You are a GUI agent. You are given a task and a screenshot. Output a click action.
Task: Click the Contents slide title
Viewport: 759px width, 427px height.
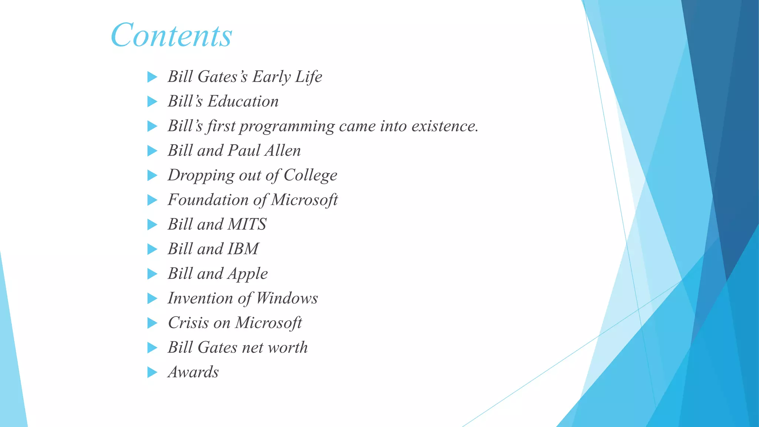tap(171, 35)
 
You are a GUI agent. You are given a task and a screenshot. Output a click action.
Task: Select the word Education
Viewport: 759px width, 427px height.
tap(243, 101)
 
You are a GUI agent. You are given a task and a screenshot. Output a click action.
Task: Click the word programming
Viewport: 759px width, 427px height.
tap(287, 126)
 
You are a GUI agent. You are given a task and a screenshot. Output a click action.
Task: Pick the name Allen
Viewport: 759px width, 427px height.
tap(282, 150)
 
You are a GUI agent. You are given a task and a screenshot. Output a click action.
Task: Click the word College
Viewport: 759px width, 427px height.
tap(310, 175)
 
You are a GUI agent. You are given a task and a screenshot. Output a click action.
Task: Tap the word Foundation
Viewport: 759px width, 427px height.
tap(208, 200)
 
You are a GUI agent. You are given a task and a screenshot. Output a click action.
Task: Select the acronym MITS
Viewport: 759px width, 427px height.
tap(247, 224)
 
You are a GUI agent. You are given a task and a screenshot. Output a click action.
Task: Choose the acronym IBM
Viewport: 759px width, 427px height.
tap(243, 249)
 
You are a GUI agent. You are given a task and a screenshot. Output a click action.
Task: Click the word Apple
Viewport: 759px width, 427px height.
tap(247, 274)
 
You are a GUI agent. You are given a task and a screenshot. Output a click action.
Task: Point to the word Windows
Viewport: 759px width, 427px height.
tap(287, 298)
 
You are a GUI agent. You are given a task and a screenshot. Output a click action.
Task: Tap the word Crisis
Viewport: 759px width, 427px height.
tap(188, 322)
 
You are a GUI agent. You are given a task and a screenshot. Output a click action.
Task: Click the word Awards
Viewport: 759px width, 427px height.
tap(193, 372)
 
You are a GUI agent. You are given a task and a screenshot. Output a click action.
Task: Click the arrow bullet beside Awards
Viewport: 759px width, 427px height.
tap(152, 372)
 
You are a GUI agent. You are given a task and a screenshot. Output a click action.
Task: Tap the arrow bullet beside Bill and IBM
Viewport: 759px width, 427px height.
tap(152, 249)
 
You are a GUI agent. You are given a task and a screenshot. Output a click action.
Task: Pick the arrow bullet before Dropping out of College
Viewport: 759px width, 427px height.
tap(152, 175)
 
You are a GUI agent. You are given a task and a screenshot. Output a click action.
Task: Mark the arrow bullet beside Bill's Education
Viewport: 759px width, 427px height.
tap(152, 102)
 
